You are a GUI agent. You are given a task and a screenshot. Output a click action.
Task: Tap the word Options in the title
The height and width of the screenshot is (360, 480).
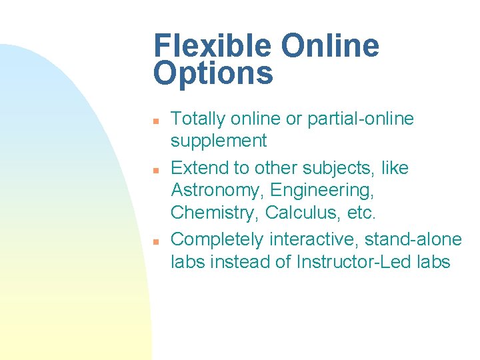click(x=213, y=73)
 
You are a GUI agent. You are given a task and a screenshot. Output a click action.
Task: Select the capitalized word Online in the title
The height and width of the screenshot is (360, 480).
click(x=330, y=47)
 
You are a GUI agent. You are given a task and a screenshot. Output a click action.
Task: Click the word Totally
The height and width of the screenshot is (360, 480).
click(x=198, y=119)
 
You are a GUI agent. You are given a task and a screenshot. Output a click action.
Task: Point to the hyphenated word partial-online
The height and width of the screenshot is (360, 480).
click(x=361, y=119)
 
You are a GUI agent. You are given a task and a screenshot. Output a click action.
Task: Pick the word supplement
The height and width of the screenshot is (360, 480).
click(x=219, y=141)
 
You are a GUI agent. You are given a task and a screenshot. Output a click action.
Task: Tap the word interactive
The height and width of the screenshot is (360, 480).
click(x=316, y=239)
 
